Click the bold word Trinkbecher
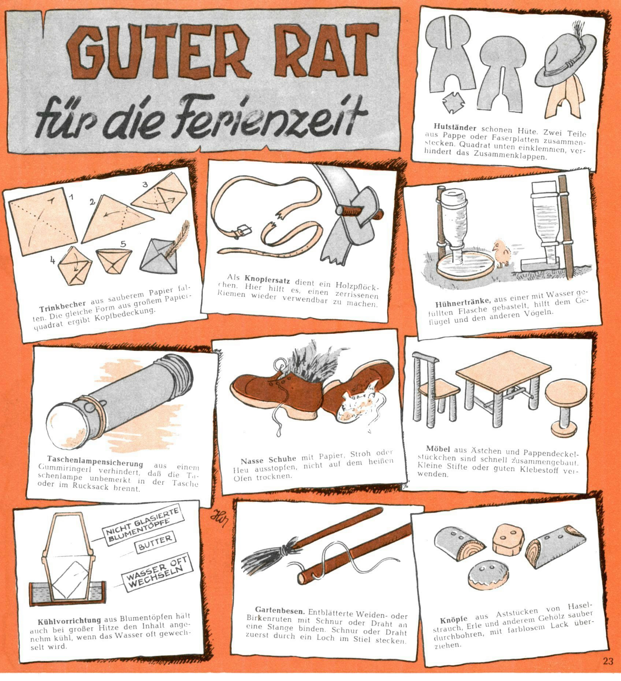coord(63,305)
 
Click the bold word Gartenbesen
coord(280,610)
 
